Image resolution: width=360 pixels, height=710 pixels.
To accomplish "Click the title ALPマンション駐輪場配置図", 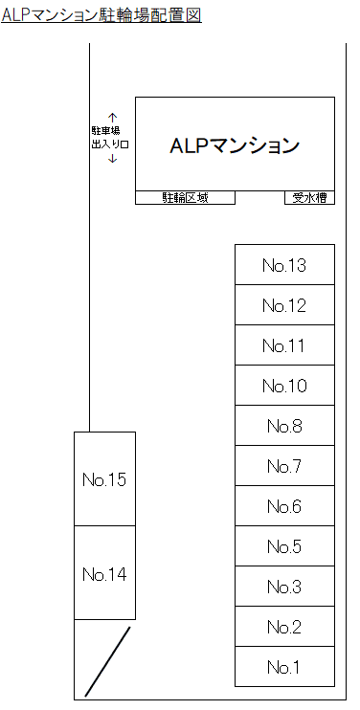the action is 101,16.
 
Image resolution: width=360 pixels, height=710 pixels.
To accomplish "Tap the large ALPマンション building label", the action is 235,146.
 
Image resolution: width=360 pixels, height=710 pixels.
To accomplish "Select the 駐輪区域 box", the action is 185,198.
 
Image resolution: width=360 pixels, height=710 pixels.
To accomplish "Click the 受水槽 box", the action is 309,198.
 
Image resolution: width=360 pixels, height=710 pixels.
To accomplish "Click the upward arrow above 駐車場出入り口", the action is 113,117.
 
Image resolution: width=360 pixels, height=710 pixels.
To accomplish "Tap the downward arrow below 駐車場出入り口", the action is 113,158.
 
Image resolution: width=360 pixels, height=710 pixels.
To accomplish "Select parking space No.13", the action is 284,265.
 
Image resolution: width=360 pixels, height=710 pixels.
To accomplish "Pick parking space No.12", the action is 284,305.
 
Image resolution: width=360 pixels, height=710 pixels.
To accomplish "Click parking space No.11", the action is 284,345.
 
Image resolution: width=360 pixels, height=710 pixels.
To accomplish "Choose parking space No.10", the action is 284,386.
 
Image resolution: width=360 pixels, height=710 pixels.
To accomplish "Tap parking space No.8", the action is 284,426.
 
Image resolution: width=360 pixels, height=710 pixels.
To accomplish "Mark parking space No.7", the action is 284,466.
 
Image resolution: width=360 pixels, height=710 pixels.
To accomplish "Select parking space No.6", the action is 284,506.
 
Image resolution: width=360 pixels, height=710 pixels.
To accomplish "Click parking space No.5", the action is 284,546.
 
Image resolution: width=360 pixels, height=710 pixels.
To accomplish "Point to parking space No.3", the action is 284,587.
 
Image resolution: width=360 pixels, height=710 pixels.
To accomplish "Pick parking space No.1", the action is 284,667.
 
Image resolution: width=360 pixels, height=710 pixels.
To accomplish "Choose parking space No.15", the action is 104,478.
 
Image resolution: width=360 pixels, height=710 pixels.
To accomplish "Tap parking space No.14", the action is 104,573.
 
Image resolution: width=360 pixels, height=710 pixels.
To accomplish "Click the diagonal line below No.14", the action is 108,661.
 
